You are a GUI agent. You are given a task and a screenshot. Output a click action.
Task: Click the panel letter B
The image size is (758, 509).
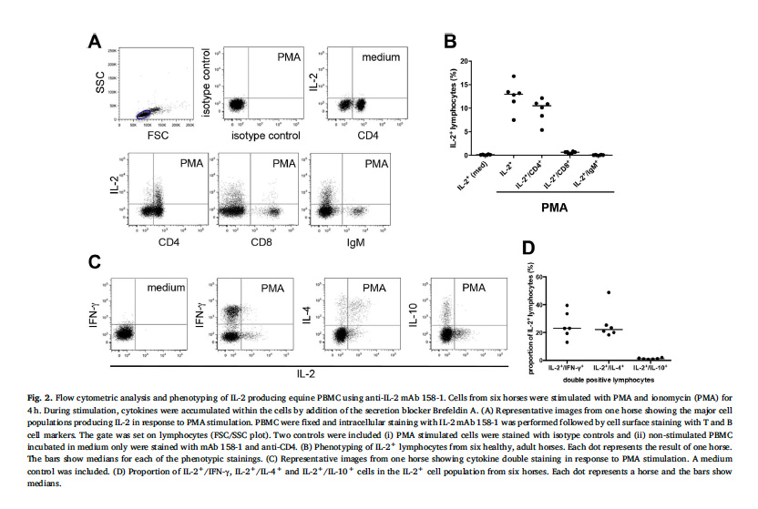pos(449,40)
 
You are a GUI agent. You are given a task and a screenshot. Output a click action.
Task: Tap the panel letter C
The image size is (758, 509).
pos(94,263)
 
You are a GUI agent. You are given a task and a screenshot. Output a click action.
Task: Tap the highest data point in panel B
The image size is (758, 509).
pos(513,76)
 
